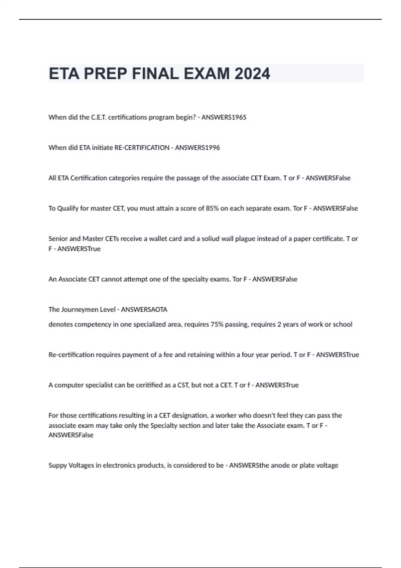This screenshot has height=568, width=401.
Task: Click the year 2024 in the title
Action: pos(252,74)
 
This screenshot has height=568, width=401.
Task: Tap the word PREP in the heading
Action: pos(105,74)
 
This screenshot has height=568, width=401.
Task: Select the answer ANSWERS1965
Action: pos(224,117)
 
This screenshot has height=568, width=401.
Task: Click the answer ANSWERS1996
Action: pos(197,148)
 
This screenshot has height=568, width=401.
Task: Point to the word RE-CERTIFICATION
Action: pos(142,148)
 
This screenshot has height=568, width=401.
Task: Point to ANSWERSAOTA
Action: pos(144,309)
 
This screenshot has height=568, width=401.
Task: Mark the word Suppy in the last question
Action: pos(57,465)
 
